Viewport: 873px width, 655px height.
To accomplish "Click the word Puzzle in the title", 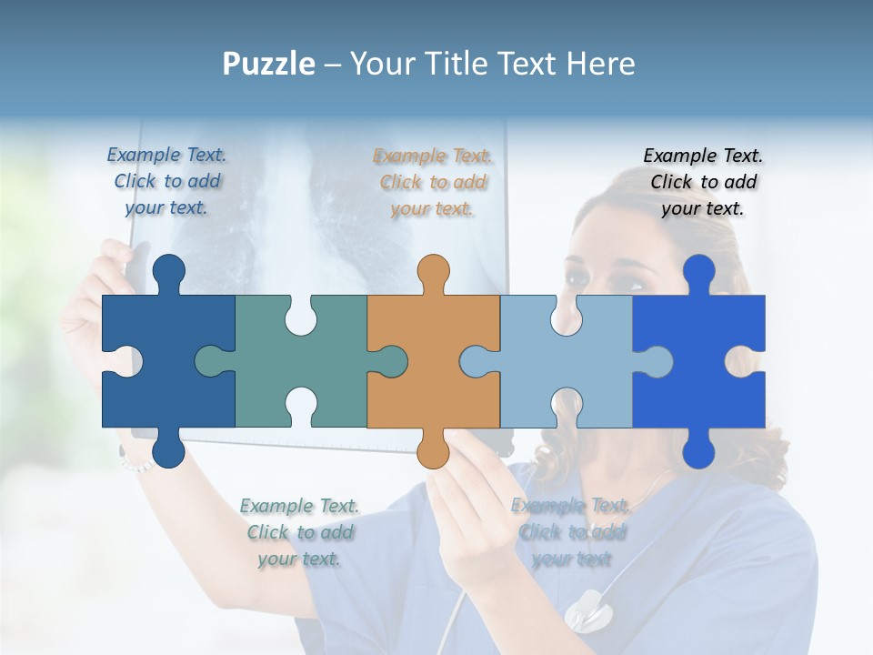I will click(x=269, y=65).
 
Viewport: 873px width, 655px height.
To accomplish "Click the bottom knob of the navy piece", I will click(x=168, y=449).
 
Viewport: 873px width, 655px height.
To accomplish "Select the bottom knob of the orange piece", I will click(x=433, y=449).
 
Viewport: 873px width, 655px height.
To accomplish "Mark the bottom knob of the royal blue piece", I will click(x=698, y=449).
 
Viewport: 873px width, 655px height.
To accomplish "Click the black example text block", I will click(x=703, y=182).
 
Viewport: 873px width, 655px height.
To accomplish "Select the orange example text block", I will click(x=433, y=182).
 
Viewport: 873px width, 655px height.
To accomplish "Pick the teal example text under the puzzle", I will click(x=300, y=532).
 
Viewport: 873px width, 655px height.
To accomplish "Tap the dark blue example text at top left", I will click(x=167, y=181).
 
